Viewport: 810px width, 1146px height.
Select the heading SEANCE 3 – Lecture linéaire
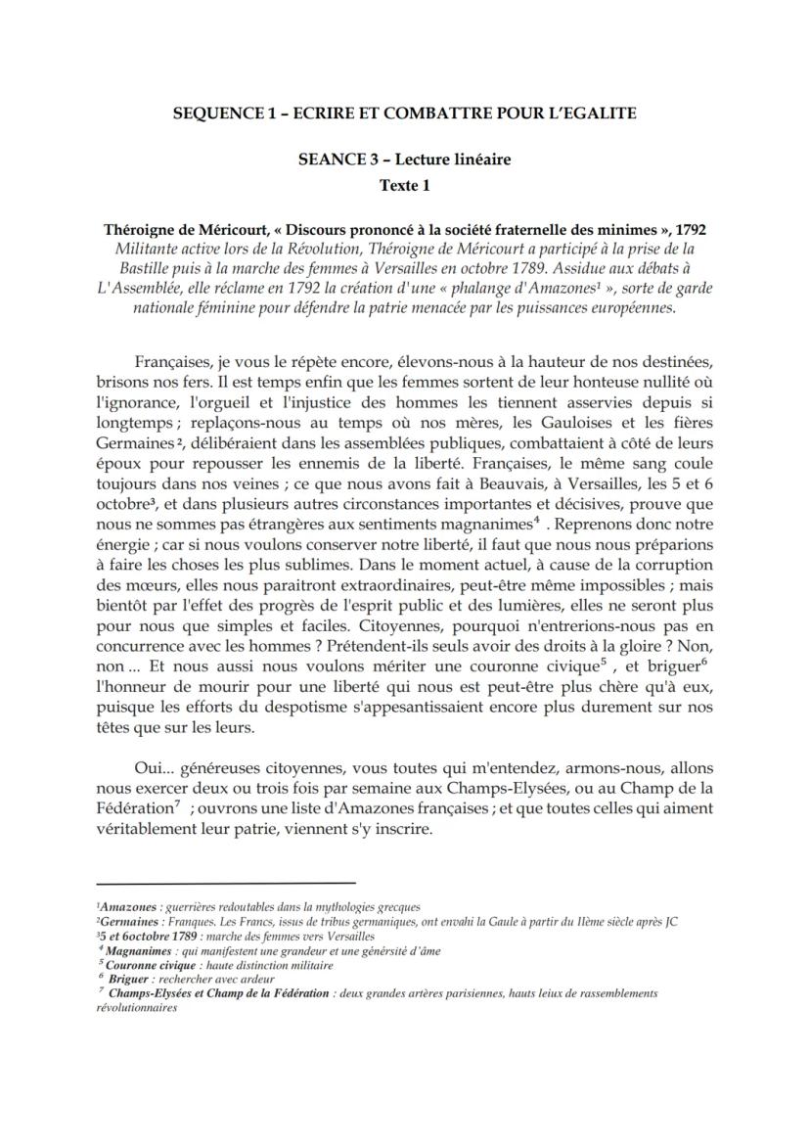[405, 159]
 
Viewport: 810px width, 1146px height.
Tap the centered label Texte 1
[404, 183]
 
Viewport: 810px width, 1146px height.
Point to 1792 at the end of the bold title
[689, 230]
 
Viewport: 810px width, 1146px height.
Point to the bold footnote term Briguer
[131, 978]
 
